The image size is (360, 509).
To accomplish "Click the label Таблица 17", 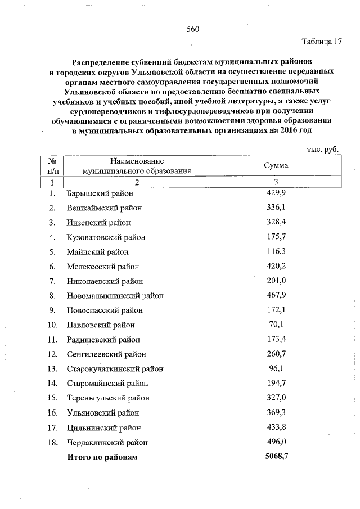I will click(x=322, y=42).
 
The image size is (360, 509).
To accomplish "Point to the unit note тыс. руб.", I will click(x=323, y=149).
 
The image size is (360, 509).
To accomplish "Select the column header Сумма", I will click(x=276, y=166).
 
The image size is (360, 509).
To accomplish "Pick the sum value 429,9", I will click(x=276, y=193).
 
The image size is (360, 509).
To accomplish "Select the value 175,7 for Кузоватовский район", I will click(x=276, y=237).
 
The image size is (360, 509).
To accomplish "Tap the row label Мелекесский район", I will click(x=102, y=267).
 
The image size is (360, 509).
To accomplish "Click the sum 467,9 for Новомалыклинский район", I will click(x=276, y=295).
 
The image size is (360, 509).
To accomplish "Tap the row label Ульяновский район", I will click(x=102, y=413).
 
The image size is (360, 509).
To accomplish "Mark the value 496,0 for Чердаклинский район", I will click(x=276, y=442).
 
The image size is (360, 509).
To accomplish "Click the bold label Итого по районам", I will click(x=102, y=457).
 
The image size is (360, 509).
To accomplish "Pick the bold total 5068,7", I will click(x=276, y=457).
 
